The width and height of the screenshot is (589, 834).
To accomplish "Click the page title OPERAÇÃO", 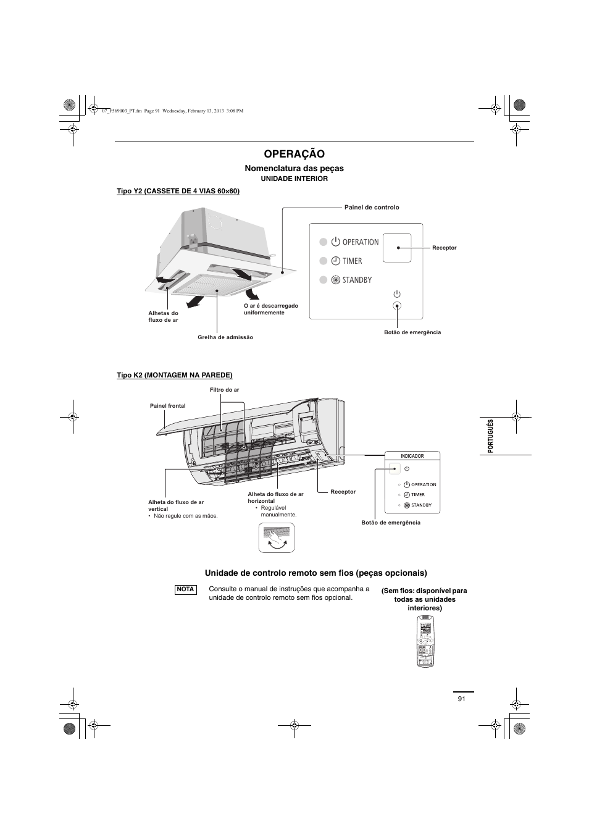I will coord(294,154).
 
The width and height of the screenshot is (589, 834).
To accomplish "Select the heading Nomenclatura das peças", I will coord(294,168).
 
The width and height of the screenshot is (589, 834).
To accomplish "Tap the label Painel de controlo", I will coord(372,208).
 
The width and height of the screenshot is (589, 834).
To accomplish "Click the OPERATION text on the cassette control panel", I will coord(361,242).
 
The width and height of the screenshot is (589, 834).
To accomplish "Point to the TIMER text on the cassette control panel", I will coord(353,261).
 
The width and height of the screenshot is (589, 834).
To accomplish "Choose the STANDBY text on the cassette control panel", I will coord(357,280).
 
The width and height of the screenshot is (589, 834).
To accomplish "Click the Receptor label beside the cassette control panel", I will coord(445,248).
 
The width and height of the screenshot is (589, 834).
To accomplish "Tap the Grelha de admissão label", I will coord(225,337).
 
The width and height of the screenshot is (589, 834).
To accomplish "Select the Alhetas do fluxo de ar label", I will coord(163,316).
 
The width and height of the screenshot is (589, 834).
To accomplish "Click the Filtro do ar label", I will coord(224,390).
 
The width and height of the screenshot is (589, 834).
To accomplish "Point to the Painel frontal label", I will coord(167,406).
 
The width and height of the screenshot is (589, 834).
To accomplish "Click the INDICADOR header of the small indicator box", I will coord(412,456).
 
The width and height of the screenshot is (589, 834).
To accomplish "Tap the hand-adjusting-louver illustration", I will coord(276,537).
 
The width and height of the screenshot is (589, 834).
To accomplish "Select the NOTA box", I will coord(186,589).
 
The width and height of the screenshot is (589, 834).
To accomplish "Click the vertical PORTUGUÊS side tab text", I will coord(491,436).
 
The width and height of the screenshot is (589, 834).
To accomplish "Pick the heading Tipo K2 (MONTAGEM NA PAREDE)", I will coord(175,375).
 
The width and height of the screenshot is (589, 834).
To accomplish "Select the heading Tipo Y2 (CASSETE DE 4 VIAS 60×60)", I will coord(178,192).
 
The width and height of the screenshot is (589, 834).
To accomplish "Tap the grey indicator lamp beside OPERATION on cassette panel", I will coord(322,242).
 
